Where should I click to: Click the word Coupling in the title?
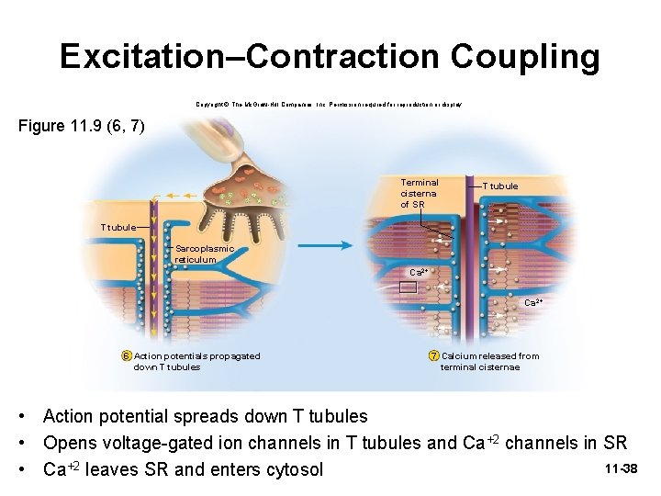coord(524,57)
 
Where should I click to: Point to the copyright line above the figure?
coord(330,106)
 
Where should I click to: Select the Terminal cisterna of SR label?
coord(419,193)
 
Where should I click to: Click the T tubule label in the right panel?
coord(499,186)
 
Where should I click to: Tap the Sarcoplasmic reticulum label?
coord(204,254)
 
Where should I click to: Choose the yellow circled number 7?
coord(433,356)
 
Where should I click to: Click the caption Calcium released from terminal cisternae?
coord(488,362)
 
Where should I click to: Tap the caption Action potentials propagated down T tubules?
coord(196,362)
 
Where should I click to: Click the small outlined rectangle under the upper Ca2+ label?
coord(408,287)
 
